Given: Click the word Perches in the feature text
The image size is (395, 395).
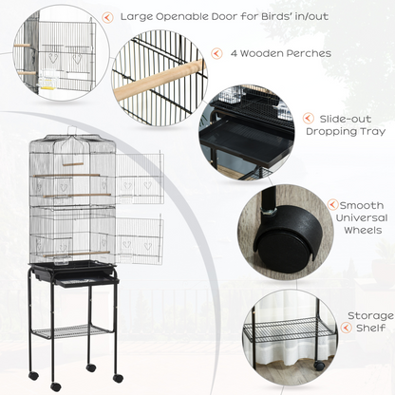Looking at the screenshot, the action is [x=309, y=53].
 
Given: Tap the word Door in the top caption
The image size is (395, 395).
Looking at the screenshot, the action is [x=224, y=16].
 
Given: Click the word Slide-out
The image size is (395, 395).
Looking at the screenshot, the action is [x=346, y=119].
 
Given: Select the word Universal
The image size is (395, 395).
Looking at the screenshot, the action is [x=362, y=217].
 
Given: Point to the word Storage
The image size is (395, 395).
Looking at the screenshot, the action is [x=370, y=315].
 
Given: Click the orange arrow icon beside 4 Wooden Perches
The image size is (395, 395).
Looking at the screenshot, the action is [x=216, y=53].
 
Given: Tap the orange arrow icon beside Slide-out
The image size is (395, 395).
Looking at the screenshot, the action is [x=309, y=119].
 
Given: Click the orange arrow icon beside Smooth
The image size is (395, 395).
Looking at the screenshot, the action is [x=332, y=204].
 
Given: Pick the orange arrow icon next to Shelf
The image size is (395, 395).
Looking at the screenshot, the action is [x=347, y=328].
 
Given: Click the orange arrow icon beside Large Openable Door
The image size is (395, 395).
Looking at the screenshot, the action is [x=108, y=17].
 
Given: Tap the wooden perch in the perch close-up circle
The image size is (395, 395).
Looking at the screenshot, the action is [x=159, y=80].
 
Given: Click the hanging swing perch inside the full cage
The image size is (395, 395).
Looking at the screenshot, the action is [x=72, y=163].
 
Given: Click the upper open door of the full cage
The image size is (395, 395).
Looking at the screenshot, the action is [x=140, y=178].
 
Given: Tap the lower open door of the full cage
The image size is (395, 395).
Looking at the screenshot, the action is [x=139, y=239].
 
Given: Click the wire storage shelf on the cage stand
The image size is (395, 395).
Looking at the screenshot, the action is [x=71, y=331].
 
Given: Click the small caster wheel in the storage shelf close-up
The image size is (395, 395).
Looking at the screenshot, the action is [x=319, y=366].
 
